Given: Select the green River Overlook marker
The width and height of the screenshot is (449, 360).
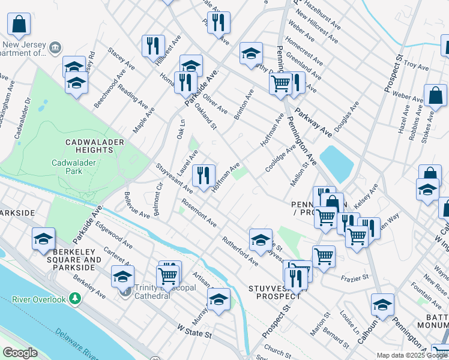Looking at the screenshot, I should coord(74,298).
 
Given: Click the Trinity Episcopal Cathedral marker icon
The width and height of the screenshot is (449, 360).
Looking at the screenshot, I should coord(125,292).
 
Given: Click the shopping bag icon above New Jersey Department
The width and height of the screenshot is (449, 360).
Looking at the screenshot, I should coord(19,25).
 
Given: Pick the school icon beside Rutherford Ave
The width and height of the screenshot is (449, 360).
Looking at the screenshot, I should coord(261,240).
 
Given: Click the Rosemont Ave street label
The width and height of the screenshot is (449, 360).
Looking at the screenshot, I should coord(199,214).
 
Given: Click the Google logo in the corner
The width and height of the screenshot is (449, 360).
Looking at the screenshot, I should coord(20,353).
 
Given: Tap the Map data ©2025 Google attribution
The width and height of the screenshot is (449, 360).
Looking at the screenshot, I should coord(411,355).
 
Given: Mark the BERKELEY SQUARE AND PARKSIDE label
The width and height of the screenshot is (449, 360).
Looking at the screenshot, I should coord(68,263).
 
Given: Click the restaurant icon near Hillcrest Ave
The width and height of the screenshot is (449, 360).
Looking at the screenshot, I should coord(153,46).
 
